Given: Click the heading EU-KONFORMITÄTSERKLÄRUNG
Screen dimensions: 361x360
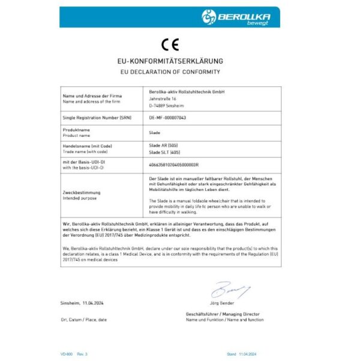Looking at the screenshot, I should click(170, 61).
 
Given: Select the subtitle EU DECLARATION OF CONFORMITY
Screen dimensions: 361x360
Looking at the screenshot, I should click(170, 72).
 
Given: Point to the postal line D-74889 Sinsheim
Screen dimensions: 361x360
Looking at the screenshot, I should click(166, 105).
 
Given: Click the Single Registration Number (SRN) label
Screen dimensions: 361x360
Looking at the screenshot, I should click(92, 118).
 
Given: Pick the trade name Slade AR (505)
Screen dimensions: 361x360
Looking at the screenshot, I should click(162, 146).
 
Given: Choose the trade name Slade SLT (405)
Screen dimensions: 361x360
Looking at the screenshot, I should click(163, 153).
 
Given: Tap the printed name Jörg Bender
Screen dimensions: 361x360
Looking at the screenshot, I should click(222, 303).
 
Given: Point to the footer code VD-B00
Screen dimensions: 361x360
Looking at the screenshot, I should click(67, 354).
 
